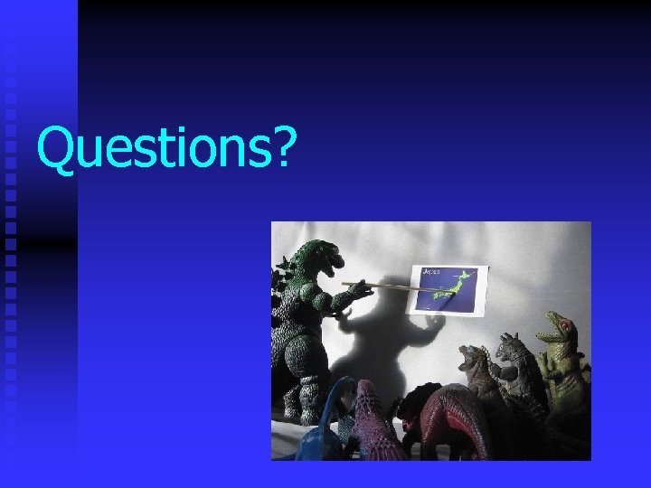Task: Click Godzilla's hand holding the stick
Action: pyautogui.click(x=358, y=287)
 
